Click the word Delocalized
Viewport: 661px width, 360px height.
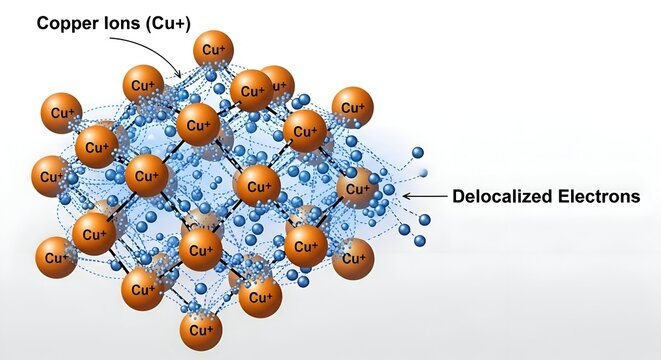point(508,196)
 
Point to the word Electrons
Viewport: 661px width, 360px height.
point(603,196)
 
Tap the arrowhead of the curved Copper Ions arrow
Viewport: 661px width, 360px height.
point(180,75)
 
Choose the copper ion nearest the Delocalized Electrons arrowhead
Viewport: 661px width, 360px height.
point(356,187)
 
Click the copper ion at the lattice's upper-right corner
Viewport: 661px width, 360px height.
point(352,106)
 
